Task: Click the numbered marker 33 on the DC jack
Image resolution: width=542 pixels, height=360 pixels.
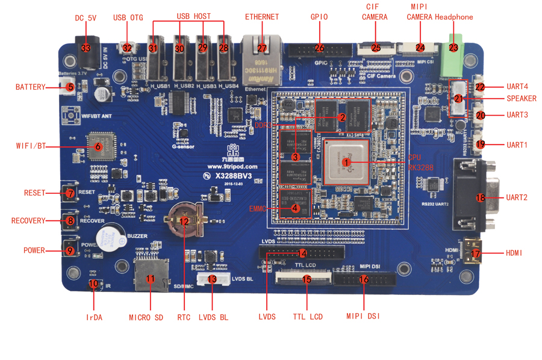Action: tap(85, 48)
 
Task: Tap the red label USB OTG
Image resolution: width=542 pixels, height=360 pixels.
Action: tap(128, 18)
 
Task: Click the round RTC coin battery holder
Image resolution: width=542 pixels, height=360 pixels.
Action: tap(185, 220)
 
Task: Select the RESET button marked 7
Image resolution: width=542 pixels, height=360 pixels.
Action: tap(70, 194)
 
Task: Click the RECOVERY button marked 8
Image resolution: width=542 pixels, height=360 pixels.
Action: tap(70, 221)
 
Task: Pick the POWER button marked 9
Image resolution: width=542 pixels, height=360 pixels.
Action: tap(70, 250)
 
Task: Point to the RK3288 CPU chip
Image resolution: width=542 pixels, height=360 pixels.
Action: tap(346, 161)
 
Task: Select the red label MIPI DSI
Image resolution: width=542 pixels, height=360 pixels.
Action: tap(363, 316)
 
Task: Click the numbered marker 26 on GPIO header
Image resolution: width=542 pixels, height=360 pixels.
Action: tap(319, 48)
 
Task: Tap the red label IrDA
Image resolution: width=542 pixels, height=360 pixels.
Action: tap(93, 317)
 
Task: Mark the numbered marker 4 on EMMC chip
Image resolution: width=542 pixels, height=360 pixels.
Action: tap(295, 209)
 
